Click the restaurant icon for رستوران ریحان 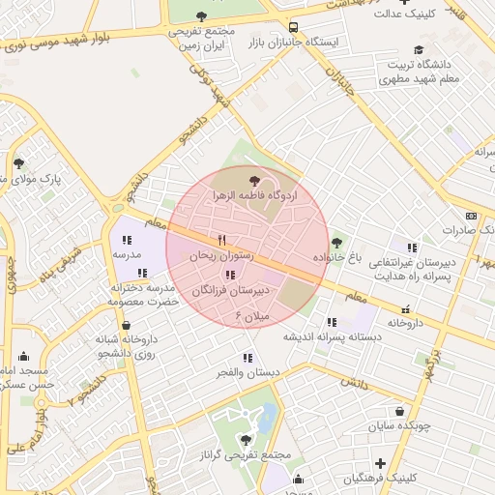coord(221,240)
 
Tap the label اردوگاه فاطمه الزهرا coord(255,195)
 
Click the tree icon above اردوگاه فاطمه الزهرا coord(254,181)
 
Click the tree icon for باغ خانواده coord(336,243)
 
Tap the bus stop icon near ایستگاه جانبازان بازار coord(293,27)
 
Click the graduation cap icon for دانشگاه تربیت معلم coord(418,50)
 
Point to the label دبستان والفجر coord(247,372)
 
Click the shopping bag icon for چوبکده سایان coord(399,411)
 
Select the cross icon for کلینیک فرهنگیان coord(380,464)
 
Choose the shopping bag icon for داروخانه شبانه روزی coord(126,326)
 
